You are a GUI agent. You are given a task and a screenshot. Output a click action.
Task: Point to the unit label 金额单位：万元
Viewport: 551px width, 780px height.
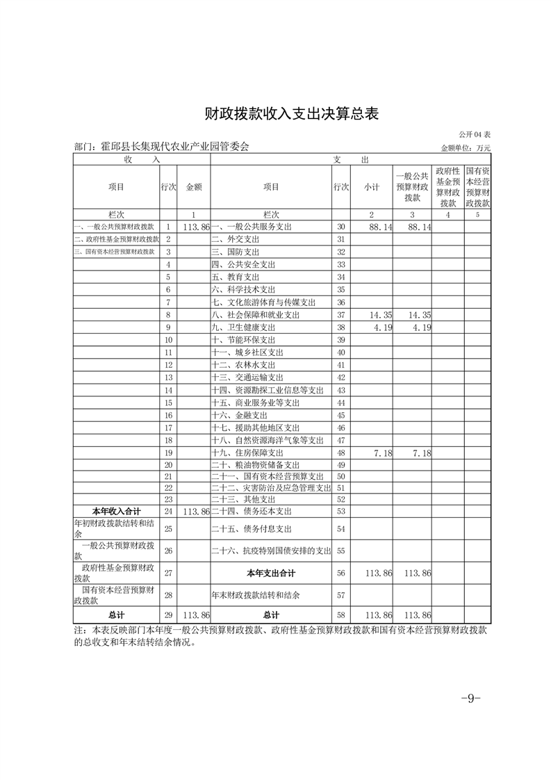466,147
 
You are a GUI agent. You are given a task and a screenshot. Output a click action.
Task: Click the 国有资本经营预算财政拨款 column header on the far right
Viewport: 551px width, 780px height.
477,186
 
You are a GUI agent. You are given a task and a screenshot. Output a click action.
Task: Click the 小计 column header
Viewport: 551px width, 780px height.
372,186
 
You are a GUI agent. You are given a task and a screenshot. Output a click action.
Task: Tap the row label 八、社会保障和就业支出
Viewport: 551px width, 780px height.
256,315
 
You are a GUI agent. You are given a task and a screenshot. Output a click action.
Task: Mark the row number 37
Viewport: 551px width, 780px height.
340,315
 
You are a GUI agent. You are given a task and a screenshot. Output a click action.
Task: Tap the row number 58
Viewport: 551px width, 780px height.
340,615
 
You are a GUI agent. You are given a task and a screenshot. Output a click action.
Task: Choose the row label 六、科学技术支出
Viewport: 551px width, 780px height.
246,290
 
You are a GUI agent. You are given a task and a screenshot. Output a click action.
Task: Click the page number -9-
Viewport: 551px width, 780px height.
470,698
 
